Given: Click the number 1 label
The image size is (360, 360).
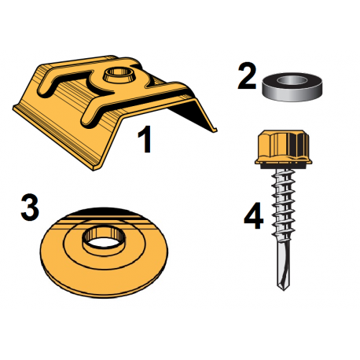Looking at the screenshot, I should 143,141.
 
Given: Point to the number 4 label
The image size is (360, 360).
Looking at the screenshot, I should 252,218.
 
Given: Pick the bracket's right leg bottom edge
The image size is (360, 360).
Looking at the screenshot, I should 211,128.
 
